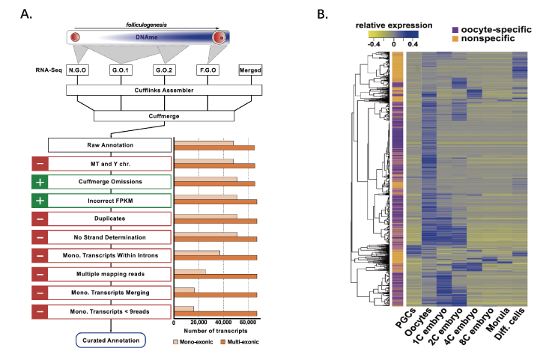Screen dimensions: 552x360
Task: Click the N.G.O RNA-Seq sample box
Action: click(x=77, y=70)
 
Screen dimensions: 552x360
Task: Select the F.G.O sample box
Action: click(x=207, y=70)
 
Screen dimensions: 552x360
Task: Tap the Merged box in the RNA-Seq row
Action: click(x=250, y=70)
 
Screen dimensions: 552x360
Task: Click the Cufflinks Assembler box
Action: click(x=164, y=90)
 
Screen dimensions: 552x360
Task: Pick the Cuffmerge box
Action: click(x=164, y=116)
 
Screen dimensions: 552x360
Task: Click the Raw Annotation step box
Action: click(x=110, y=145)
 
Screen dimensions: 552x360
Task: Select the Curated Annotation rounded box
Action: click(x=111, y=341)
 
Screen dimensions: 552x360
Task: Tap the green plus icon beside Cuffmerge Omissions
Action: click(x=40, y=182)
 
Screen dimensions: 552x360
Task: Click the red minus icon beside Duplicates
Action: click(x=40, y=219)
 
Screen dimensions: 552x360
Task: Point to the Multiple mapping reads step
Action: click(x=110, y=274)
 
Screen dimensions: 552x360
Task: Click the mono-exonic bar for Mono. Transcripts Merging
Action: click(x=184, y=290)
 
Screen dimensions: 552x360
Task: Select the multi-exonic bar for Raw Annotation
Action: click(x=214, y=148)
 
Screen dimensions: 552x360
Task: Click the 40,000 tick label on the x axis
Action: click(x=223, y=323)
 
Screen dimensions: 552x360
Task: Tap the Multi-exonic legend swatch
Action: click(x=223, y=342)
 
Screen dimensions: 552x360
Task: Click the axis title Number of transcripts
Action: click(x=216, y=331)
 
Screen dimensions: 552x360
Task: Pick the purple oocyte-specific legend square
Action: click(x=455, y=30)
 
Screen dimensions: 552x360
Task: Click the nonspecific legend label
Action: click(x=488, y=38)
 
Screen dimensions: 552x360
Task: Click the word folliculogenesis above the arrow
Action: click(x=147, y=25)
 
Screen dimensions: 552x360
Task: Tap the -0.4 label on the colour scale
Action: click(x=374, y=44)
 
